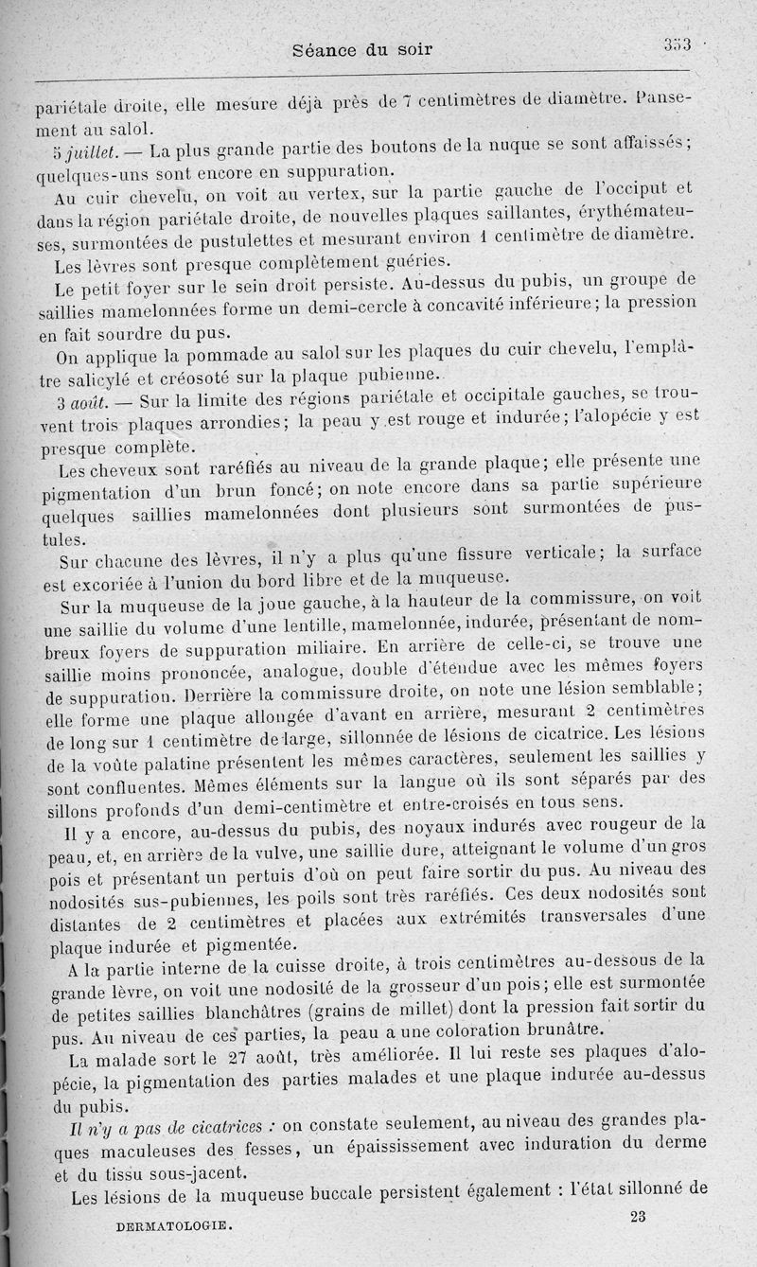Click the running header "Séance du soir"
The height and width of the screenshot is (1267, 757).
tap(363, 49)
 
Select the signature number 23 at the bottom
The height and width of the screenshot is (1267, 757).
tap(637, 1217)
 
